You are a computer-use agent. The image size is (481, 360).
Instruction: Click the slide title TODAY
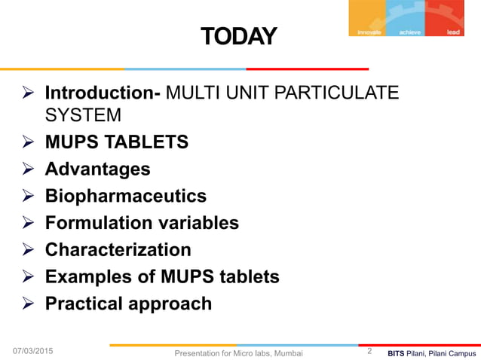click(238, 35)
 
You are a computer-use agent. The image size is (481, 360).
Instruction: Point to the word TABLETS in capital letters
click(148, 142)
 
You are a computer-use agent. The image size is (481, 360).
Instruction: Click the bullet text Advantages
click(97, 169)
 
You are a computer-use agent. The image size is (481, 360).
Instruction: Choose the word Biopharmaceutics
click(125, 197)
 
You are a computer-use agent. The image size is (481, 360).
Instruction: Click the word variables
click(196, 224)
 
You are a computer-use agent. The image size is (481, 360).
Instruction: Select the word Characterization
click(118, 250)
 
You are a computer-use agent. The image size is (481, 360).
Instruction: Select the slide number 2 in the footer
click(369, 351)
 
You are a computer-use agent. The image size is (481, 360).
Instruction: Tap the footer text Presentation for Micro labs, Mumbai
click(238, 352)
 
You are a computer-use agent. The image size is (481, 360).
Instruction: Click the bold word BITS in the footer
click(397, 352)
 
